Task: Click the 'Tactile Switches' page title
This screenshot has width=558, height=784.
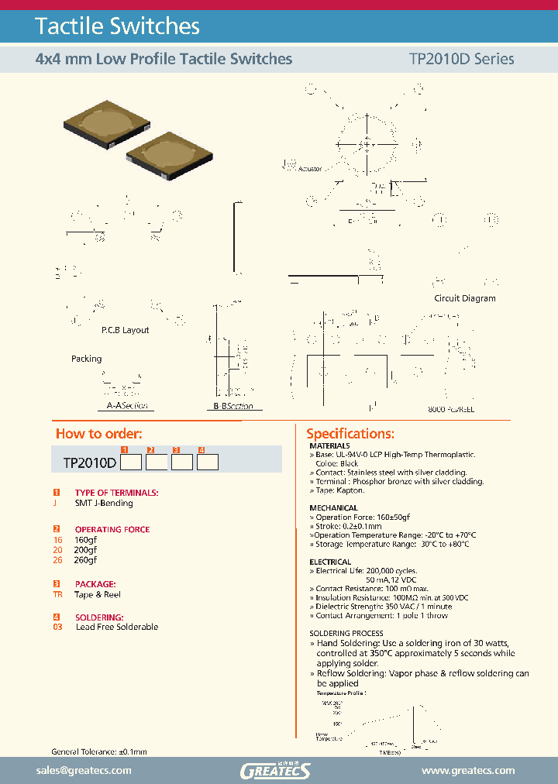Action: pyautogui.click(x=118, y=26)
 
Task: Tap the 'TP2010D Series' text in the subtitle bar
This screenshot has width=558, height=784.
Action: pyautogui.click(x=460, y=59)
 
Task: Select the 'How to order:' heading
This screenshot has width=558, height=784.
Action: pyautogui.click(x=98, y=434)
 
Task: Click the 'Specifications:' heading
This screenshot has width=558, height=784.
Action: pyautogui.click(x=350, y=434)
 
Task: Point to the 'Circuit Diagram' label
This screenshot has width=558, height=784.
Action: pyautogui.click(x=464, y=298)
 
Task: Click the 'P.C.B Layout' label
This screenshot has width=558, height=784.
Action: pyautogui.click(x=125, y=330)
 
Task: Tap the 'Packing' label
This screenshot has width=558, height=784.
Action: pyautogui.click(x=86, y=359)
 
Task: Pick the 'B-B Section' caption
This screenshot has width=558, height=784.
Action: pyautogui.click(x=233, y=406)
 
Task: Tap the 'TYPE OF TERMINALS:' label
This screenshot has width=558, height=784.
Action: pyautogui.click(x=116, y=493)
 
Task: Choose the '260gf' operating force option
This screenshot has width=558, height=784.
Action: pyautogui.click(x=85, y=560)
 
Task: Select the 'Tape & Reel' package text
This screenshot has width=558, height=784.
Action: pyautogui.click(x=98, y=595)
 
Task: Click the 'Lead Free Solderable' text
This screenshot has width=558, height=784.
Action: pyautogui.click(x=116, y=627)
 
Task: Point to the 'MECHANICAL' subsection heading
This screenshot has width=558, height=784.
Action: pyautogui.click(x=330, y=508)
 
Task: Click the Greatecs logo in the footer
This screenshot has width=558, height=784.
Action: pyautogui.click(x=275, y=770)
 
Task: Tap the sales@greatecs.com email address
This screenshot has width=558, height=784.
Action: pyautogui.click(x=84, y=770)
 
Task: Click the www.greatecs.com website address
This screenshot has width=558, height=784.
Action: pyautogui.click(x=467, y=770)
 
